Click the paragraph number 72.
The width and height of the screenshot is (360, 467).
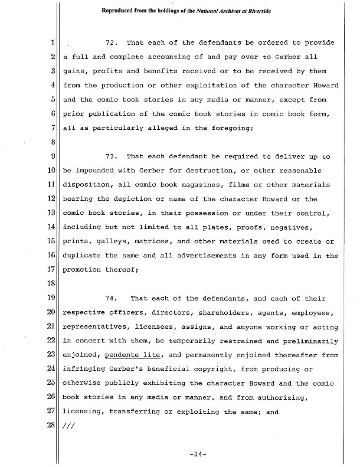[x=112, y=43]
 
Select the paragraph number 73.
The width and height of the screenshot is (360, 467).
[x=112, y=157]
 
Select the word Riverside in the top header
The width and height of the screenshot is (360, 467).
[x=283, y=10]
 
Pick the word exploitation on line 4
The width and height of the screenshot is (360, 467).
[x=204, y=86]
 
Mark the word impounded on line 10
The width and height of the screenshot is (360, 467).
[x=98, y=171]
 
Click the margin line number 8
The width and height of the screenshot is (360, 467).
[x=53, y=142]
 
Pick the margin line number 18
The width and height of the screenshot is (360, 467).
[x=51, y=284]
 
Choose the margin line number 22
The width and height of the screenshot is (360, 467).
[x=51, y=341]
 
